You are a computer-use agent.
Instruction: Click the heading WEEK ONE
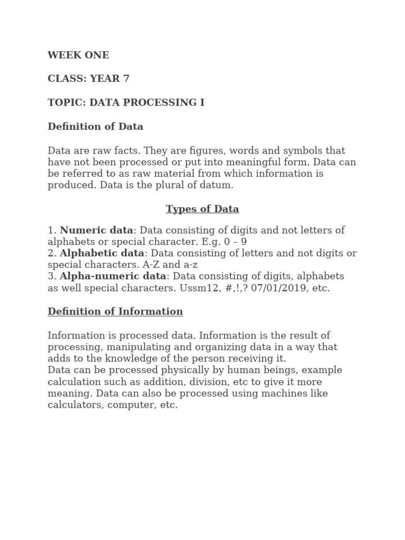tap(79, 55)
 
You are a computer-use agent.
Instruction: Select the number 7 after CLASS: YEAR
tap(126, 79)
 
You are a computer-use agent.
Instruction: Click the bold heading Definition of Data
tap(95, 127)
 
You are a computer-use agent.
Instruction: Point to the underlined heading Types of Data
tap(202, 209)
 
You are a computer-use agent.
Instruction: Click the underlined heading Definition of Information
tap(115, 311)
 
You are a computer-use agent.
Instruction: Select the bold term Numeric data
tap(97, 230)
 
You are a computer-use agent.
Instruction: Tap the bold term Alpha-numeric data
tap(113, 276)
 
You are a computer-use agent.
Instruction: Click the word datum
tap(217, 185)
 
